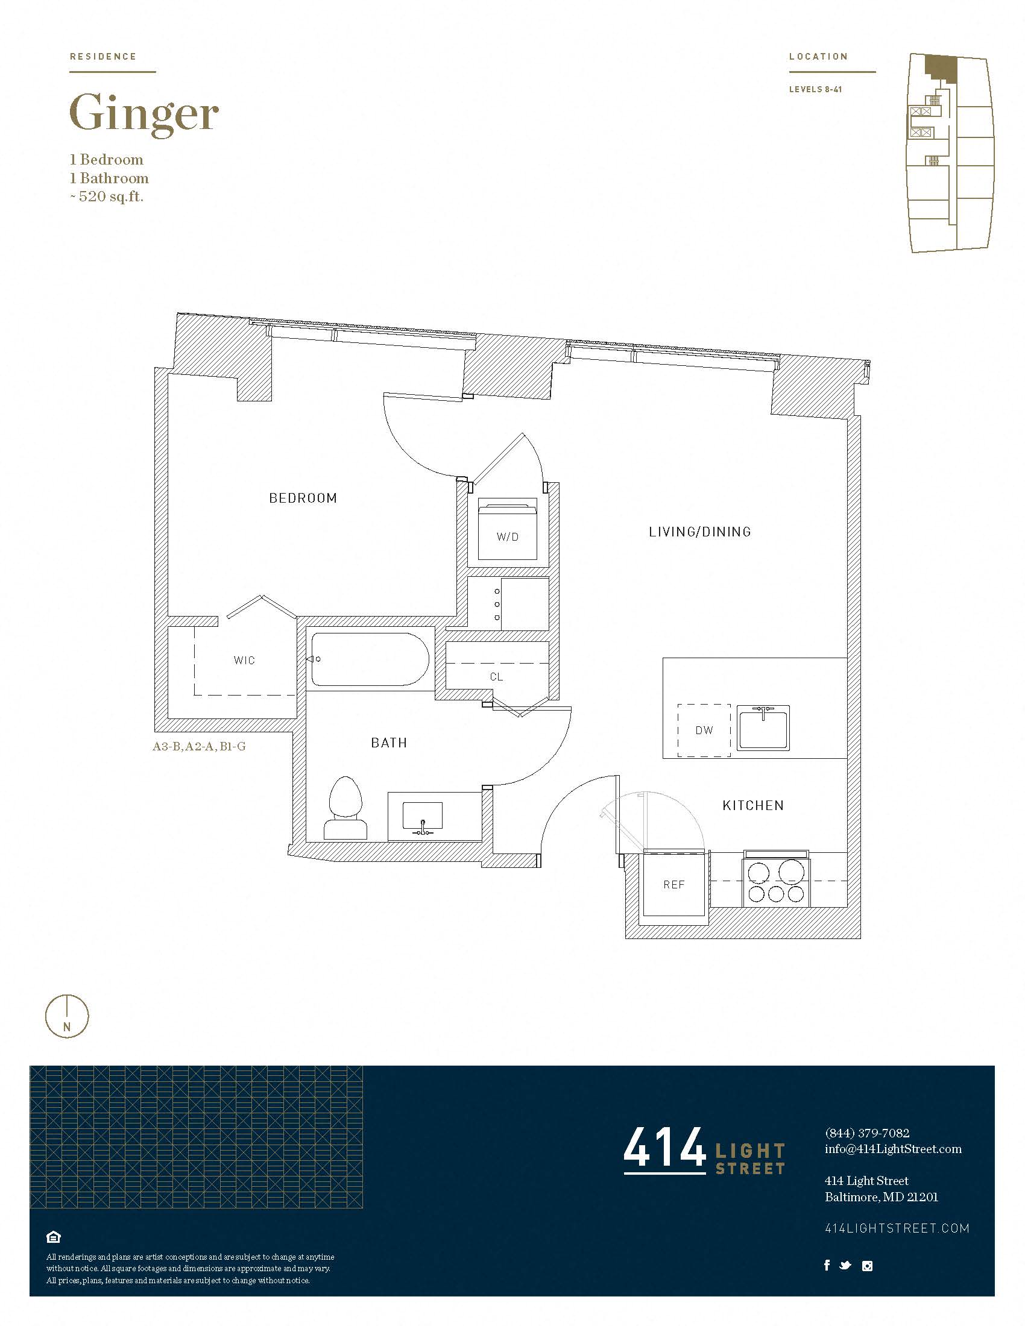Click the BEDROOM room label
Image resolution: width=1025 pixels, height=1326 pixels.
click(303, 498)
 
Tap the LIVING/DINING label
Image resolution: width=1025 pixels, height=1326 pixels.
click(699, 532)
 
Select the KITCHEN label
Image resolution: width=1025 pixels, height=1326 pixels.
click(753, 805)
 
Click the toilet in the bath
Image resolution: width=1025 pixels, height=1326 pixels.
click(345, 809)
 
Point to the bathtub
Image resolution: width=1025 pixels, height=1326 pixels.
click(369, 659)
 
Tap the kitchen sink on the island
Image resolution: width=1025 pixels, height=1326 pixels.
click(763, 727)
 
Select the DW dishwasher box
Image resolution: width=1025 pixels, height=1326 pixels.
click(704, 730)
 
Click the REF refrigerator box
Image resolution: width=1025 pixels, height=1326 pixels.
click(673, 885)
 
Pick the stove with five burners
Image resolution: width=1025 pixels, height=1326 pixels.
click(776, 881)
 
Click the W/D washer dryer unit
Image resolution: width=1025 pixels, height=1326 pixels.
click(507, 529)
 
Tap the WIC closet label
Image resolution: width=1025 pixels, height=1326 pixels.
click(244, 660)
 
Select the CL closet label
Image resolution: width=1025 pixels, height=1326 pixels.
click(496, 676)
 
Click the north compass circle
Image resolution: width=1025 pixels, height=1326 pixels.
click(67, 1016)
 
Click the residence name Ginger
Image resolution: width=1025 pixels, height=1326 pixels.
click(144, 113)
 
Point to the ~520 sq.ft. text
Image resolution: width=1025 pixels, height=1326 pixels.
click(107, 196)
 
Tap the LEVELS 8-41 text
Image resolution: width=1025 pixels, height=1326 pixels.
click(815, 89)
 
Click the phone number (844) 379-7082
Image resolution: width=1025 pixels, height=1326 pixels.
click(866, 1133)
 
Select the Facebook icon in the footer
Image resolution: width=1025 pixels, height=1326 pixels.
click(827, 1265)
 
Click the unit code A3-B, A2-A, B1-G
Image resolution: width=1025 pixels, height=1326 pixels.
click(199, 746)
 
